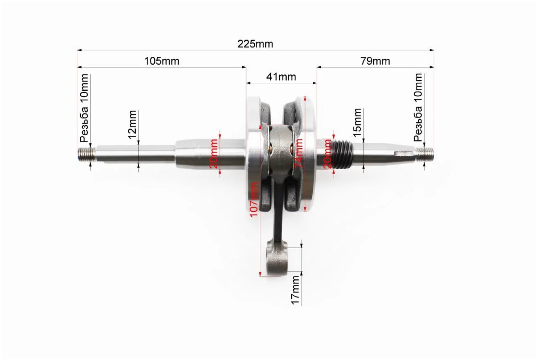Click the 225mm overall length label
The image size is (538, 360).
[255, 44]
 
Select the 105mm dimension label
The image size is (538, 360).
[162, 61]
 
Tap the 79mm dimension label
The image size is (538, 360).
[375, 61]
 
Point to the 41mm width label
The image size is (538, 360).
[281, 77]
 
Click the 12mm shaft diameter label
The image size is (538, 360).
[132, 125]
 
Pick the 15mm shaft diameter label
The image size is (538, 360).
[357, 123]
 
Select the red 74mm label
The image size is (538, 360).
[298, 153]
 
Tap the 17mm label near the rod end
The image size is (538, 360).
[295, 290]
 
